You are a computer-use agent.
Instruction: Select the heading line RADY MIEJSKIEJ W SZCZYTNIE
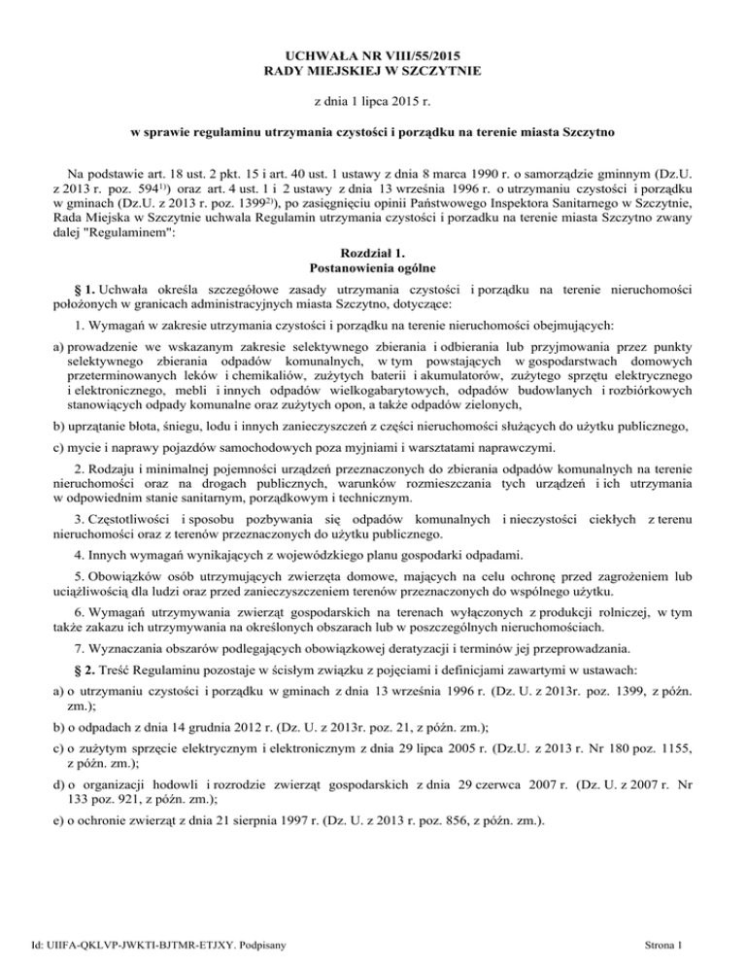tap(373, 72)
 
